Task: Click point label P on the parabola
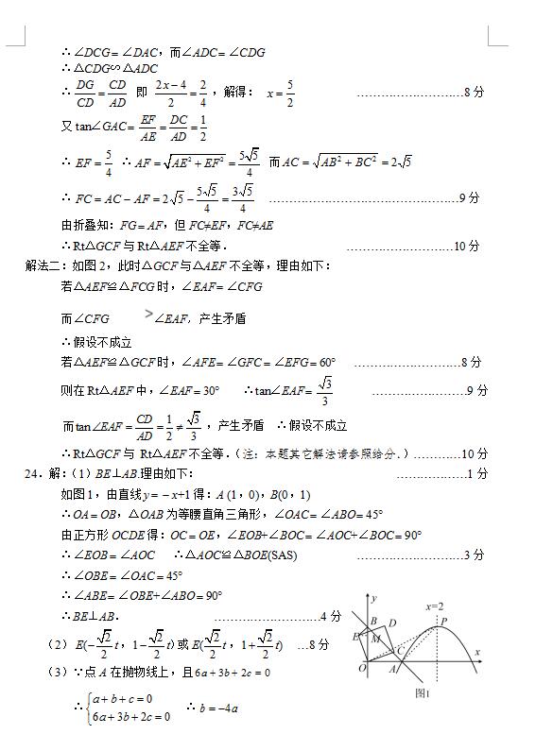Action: [444, 622]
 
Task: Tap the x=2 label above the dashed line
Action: [435, 606]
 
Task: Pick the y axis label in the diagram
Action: [374, 598]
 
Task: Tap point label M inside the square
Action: [376, 639]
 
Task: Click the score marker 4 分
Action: [330, 616]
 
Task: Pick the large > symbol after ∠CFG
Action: [148, 314]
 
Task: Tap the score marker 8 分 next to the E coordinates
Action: [319, 645]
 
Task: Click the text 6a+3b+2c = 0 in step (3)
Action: [233, 673]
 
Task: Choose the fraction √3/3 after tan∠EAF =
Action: [325, 389]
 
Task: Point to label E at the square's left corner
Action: [355, 637]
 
